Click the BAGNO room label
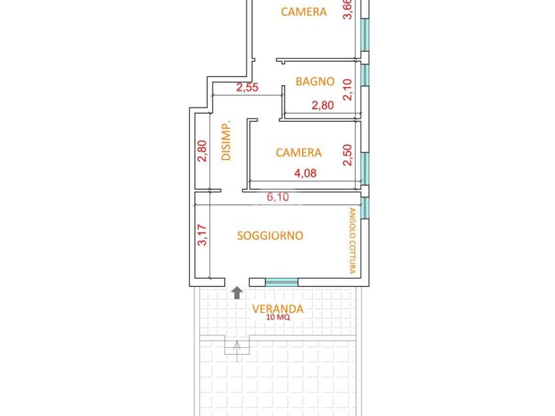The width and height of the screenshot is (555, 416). tap(315, 81)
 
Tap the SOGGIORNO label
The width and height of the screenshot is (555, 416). tap(270, 236)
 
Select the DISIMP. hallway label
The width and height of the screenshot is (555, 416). tap(226, 140)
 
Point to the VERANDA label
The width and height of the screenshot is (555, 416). tap(278, 309)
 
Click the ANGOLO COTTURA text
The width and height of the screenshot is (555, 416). tap(352, 240)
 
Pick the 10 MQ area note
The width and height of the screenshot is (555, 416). tap(278, 317)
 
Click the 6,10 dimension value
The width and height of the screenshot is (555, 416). tap(278, 197)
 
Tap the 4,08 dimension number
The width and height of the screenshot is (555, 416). tap(306, 173)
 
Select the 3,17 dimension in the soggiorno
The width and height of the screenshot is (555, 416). tap(202, 235)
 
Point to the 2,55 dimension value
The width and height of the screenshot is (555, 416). tap(247, 87)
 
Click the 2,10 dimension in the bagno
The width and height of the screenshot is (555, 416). tap(348, 89)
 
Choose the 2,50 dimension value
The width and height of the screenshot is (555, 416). tap(348, 155)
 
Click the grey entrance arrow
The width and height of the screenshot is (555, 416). tap(237, 293)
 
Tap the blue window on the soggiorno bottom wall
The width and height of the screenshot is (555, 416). tap(282, 282)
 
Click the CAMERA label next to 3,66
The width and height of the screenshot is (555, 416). tap(304, 12)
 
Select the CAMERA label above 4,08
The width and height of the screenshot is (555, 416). tap(299, 152)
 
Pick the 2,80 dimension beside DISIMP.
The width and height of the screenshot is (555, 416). tap(202, 151)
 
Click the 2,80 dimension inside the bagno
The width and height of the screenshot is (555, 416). tap(323, 105)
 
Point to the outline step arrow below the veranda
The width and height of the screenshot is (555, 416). tap(237, 350)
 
